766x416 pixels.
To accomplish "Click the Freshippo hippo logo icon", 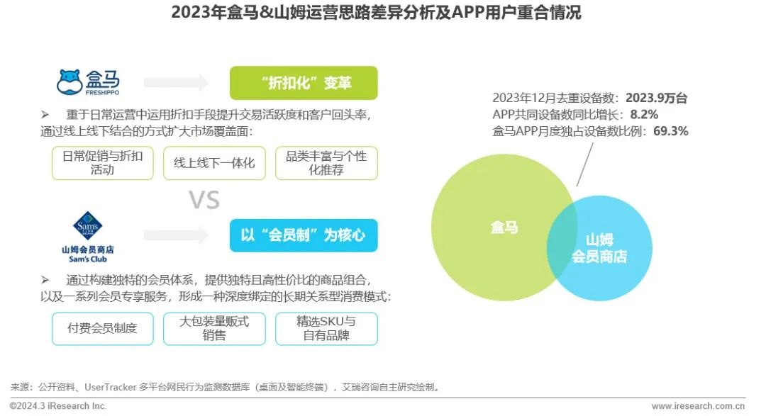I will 69,82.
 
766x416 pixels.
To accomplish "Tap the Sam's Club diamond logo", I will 88,226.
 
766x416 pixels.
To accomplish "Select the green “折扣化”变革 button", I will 304,83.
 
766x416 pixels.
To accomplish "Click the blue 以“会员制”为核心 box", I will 304,235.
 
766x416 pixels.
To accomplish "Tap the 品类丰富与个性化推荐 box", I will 326,163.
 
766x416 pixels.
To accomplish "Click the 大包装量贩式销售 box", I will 214,328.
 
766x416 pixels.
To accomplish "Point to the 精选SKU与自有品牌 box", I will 326,328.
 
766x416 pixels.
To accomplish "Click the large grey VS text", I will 204,201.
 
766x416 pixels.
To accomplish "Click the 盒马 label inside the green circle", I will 504,227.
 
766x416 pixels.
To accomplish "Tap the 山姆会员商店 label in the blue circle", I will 599,248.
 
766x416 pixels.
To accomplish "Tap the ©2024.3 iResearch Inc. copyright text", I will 58,406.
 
